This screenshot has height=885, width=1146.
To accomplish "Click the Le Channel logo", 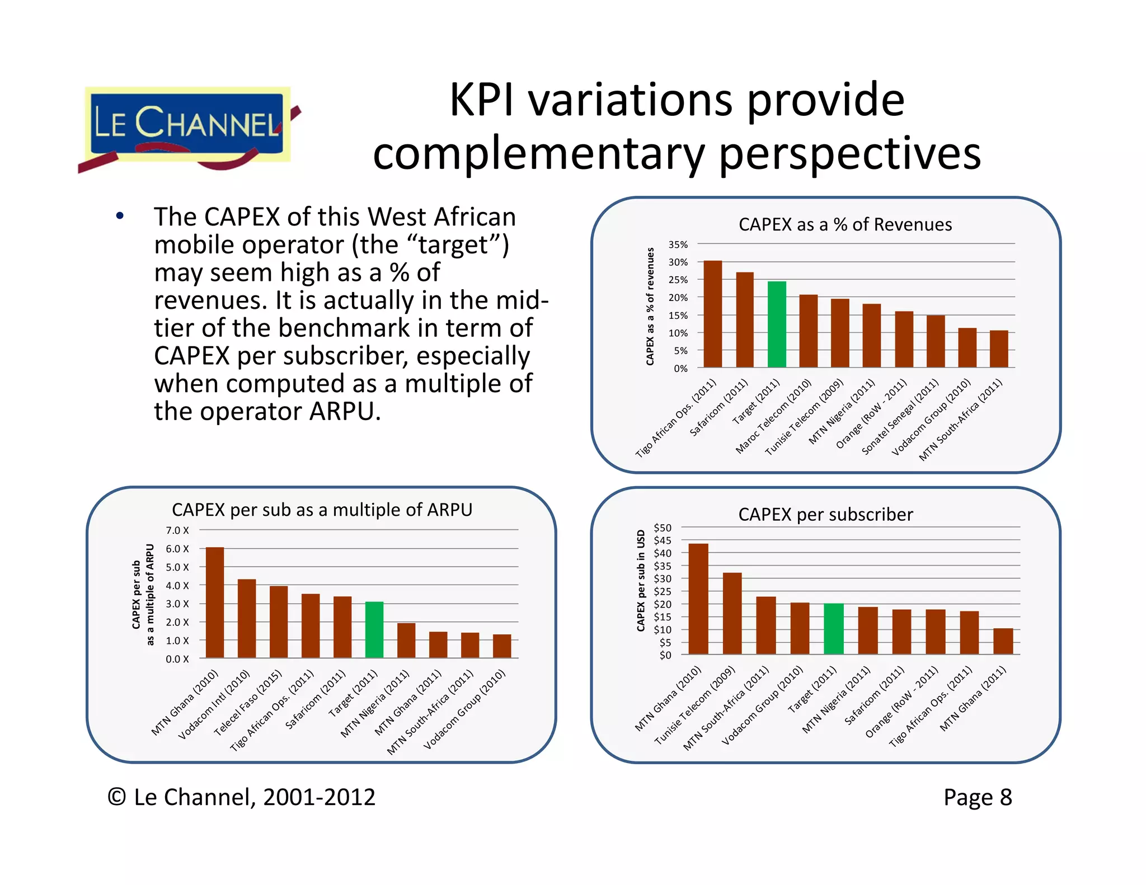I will [x=187, y=126].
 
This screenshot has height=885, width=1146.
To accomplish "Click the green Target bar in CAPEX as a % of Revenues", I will [x=777, y=324].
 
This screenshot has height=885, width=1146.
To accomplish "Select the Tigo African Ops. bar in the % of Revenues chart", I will [x=712, y=314].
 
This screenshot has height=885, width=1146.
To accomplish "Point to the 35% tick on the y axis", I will [x=678, y=244].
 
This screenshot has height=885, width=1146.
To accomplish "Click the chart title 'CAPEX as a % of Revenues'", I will [x=845, y=224].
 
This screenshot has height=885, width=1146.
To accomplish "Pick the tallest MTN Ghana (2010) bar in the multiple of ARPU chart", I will [x=215, y=602].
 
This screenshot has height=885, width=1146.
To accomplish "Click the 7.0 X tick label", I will [x=177, y=530].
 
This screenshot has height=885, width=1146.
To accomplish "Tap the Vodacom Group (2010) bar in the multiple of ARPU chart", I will [x=502, y=646].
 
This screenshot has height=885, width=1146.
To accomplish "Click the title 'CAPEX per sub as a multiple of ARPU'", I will [x=322, y=510].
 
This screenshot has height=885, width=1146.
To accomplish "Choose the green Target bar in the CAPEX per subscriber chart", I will [x=834, y=629].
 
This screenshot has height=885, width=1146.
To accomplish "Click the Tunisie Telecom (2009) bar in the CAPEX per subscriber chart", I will [x=732, y=613].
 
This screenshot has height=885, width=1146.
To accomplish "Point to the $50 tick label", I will [x=663, y=528].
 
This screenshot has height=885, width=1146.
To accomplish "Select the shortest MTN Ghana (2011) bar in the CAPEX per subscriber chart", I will [x=1003, y=641].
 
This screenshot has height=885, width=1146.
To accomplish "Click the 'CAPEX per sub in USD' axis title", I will [x=641, y=580].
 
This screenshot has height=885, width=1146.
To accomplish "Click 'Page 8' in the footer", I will [x=978, y=797].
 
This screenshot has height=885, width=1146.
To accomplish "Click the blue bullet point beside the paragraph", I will [x=120, y=216].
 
